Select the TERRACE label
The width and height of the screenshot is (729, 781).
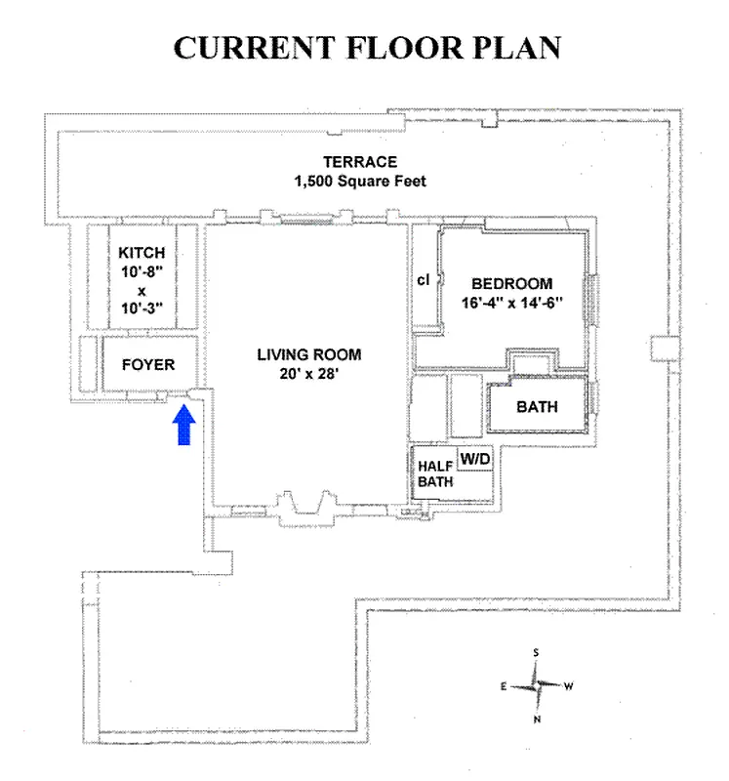[x=360, y=162]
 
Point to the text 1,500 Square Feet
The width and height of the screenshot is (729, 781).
[x=360, y=182]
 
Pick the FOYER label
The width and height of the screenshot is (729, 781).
[x=148, y=365]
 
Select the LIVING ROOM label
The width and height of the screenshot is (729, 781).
[x=309, y=354]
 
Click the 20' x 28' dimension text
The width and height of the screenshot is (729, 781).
[x=309, y=373]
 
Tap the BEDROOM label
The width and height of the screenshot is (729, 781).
[x=512, y=284]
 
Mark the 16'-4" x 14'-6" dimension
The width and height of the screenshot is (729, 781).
[x=512, y=303]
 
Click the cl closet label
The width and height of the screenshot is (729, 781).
[x=424, y=279]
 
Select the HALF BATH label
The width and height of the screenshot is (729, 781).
[x=435, y=473]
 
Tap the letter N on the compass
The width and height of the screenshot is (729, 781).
[x=536, y=719]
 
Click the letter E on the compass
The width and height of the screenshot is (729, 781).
[x=504, y=686]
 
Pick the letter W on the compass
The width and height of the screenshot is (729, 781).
[x=568, y=686]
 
